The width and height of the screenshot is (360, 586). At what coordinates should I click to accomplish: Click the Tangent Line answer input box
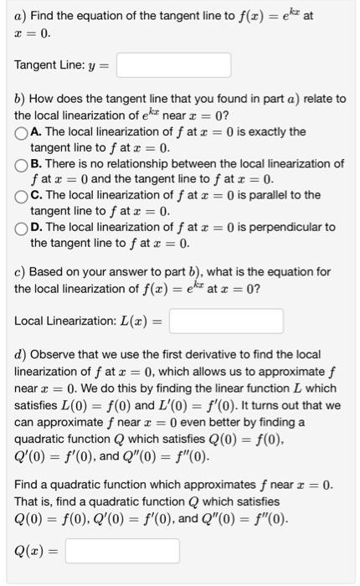click(x=173, y=65)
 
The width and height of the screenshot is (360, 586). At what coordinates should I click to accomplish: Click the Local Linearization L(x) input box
click(x=226, y=321)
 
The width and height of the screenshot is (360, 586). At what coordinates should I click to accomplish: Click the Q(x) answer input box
click(x=121, y=550)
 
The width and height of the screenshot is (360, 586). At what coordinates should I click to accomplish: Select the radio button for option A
click(x=20, y=132)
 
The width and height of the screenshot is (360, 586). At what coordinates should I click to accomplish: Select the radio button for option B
click(x=20, y=164)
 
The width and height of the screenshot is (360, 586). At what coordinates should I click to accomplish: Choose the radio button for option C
click(x=20, y=196)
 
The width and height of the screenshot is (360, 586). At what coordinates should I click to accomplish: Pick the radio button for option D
click(x=20, y=228)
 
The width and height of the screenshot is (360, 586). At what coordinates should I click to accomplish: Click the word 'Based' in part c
click(x=48, y=272)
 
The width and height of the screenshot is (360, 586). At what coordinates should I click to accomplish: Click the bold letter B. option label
click(x=36, y=164)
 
